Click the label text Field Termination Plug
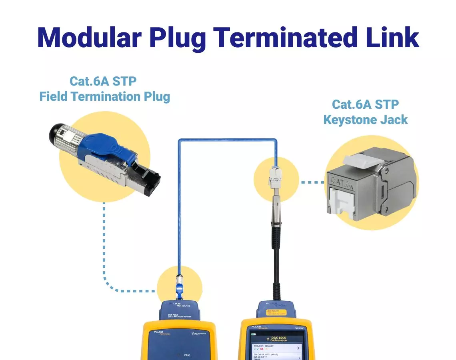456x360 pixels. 104,96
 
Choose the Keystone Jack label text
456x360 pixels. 365,120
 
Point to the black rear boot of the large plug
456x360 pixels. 56,134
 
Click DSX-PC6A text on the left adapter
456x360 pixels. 173,315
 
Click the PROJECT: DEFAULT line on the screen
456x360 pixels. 264,346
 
